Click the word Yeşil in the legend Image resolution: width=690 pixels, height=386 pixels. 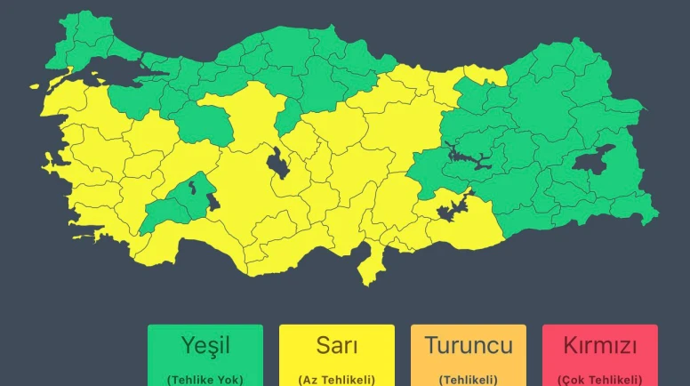205,345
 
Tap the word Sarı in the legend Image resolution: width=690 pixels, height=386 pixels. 337,345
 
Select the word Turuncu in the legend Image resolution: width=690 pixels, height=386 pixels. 469,345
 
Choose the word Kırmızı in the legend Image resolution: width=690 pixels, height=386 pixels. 599,345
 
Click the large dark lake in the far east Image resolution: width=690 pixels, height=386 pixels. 593,160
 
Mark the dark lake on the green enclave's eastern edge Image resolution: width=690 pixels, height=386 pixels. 213,202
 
